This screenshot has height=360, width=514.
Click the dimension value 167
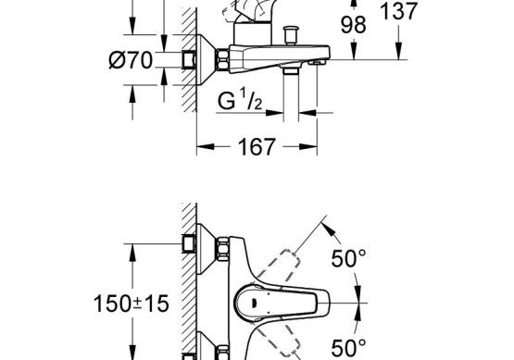[257, 147]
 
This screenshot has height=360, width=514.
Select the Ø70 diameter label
[131, 60]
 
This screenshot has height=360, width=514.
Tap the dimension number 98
[354, 25]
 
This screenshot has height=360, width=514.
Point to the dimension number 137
[398, 11]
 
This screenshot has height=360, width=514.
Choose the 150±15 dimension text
[132, 304]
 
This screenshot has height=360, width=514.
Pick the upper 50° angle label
[348, 258]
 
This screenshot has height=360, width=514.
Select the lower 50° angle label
[348, 348]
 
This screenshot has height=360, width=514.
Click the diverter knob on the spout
[291, 35]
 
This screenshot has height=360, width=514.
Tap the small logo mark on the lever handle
[254, 303]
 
